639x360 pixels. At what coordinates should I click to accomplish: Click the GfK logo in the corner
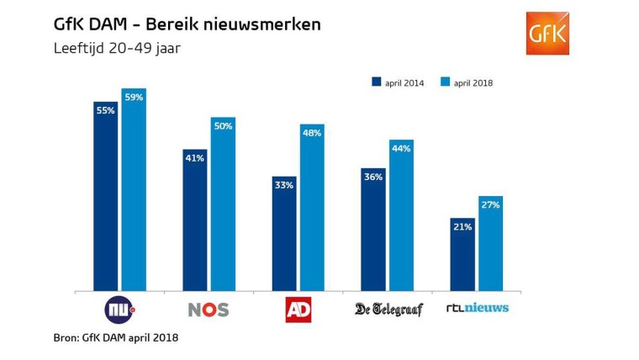[x=547, y=34]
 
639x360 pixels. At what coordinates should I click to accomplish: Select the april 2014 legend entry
[x=398, y=82]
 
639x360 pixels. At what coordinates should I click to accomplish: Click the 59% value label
[x=134, y=98]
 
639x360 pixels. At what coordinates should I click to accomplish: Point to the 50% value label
[x=223, y=126]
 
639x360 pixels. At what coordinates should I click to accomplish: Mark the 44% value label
[x=401, y=148]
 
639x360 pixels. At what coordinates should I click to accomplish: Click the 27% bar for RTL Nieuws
[x=490, y=244]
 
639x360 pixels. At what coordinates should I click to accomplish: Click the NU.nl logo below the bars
[x=119, y=310]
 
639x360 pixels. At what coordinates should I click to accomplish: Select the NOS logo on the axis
[x=209, y=310]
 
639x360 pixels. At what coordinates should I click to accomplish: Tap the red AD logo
[x=298, y=310]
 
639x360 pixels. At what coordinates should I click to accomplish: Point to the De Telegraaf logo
[x=388, y=309]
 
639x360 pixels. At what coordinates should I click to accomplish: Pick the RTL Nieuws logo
[x=477, y=309]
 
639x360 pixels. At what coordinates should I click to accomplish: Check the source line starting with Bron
[x=115, y=338]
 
